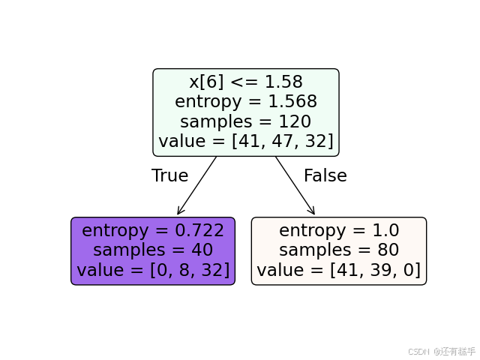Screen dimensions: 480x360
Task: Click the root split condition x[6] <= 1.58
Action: (x=245, y=82)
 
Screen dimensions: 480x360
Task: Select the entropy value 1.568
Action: (x=292, y=102)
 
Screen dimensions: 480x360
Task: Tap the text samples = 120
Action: (x=245, y=121)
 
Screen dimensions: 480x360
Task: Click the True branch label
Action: (x=169, y=176)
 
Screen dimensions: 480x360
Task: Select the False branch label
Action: (x=325, y=176)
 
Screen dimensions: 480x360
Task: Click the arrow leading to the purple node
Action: (x=196, y=186)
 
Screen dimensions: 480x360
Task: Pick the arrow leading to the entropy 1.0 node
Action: (x=295, y=186)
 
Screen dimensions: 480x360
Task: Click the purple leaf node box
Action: (x=153, y=251)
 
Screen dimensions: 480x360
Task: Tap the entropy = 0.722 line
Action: (x=153, y=231)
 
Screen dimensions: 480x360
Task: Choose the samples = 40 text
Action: (x=153, y=250)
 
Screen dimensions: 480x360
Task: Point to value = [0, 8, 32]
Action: (x=153, y=270)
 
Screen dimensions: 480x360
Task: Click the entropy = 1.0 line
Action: (x=338, y=231)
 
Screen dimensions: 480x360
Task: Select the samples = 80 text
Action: (x=338, y=250)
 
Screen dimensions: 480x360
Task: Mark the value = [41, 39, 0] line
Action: (x=338, y=270)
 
